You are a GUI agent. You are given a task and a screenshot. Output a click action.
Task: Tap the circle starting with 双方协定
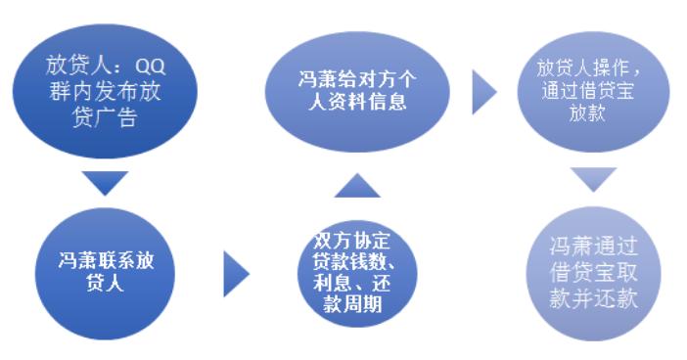[349, 265]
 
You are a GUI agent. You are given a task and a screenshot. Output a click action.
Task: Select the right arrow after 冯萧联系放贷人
[236, 273]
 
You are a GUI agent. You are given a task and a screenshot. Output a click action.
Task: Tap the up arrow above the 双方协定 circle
[349, 184]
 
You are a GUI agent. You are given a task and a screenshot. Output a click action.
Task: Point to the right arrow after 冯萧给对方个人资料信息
[483, 90]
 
